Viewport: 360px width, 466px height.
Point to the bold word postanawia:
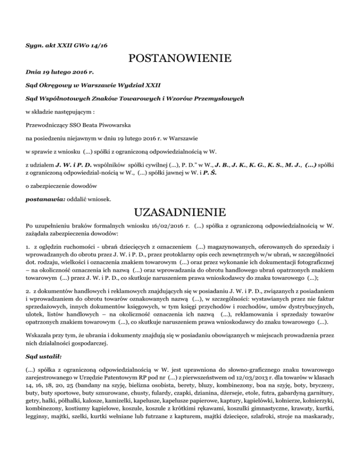pyautogui.click(x=42, y=199)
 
